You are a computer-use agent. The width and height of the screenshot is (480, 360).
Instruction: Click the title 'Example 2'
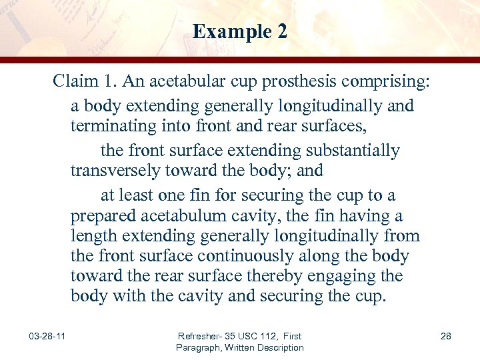[240, 31]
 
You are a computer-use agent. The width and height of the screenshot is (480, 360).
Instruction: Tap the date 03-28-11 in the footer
[47, 337]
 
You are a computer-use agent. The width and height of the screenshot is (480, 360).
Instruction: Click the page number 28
[446, 337]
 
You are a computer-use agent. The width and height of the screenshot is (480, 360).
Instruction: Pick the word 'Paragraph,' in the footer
[199, 347]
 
